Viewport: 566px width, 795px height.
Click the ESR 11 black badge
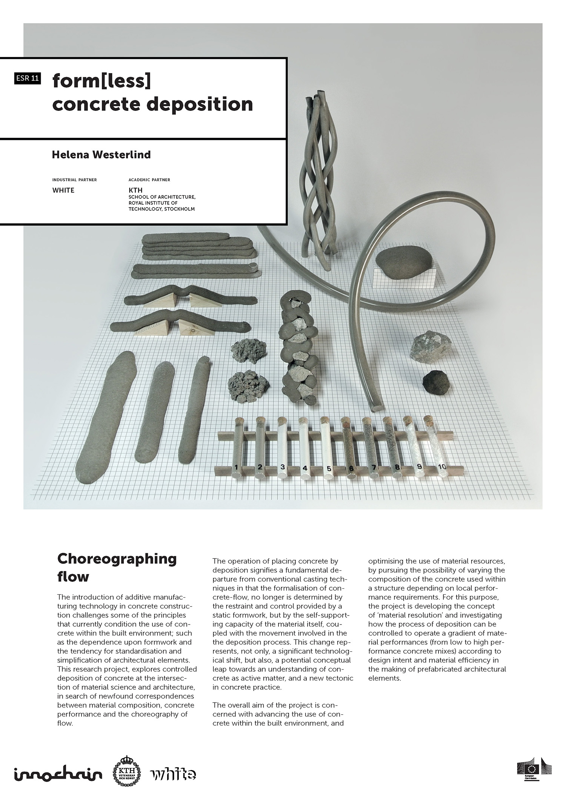(x=27, y=78)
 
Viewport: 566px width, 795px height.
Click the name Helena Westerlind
(x=101, y=155)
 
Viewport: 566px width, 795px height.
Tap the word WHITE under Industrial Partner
(x=63, y=190)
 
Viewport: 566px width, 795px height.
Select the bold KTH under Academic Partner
(x=135, y=190)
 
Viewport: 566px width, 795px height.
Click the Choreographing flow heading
(x=117, y=567)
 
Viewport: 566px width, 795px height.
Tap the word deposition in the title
(x=200, y=104)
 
